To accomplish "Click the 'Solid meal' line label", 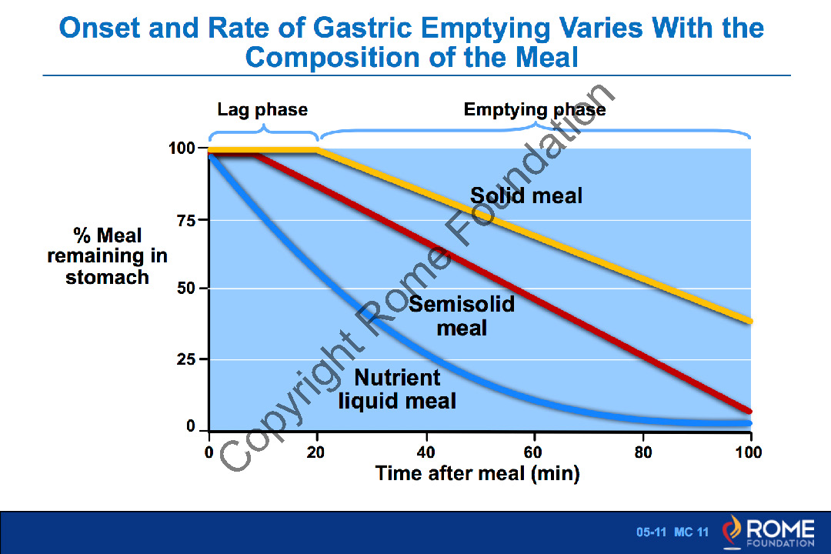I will pos(526,195).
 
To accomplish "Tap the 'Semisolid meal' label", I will pos(462,315).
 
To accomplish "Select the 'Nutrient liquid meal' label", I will pos(398,389).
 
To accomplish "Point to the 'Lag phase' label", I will pos(262,110).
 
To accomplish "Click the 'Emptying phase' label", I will pos(535,110).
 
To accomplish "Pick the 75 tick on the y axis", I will pos(185,219).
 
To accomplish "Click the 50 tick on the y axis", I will pos(185,289).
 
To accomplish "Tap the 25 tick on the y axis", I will pos(185,359).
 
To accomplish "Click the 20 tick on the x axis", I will pos(316,452).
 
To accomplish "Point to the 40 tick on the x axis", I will pos(426,452).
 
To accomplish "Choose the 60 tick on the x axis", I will pos(535,452).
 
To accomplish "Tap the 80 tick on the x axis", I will pos(643,452).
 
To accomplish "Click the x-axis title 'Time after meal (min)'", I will pos(477,472).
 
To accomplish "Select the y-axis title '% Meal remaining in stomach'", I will pos(107,255).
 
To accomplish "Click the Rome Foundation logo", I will pos(768,532).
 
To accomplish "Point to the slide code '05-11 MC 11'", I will pos(672,532).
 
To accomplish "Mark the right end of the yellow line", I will pos(749,321).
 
